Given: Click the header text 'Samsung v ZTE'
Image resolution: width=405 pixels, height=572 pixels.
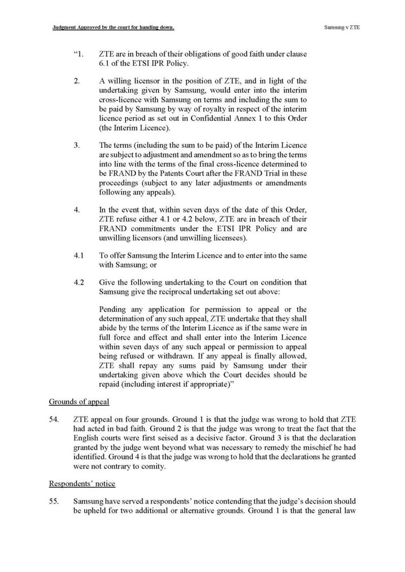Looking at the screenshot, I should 342,26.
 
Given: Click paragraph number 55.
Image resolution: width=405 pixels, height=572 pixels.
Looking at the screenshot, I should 53,500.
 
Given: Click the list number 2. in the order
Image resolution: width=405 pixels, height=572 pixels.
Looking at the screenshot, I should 77,81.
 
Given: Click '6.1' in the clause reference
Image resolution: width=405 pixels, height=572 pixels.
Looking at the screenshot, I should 106,64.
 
